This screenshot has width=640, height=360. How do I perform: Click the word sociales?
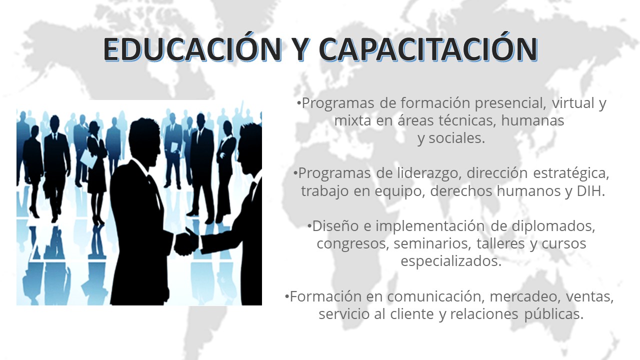click(x=457, y=138)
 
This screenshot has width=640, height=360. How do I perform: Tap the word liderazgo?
click(x=429, y=173)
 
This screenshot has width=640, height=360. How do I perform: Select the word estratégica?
click(x=571, y=173)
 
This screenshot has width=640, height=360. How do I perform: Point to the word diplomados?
click(x=553, y=226)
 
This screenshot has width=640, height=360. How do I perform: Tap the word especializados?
click(x=451, y=261)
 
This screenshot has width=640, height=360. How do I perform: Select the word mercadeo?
click(x=523, y=296)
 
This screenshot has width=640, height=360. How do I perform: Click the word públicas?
click(x=553, y=314)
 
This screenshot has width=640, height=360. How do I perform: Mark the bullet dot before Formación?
click(x=287, y=296)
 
